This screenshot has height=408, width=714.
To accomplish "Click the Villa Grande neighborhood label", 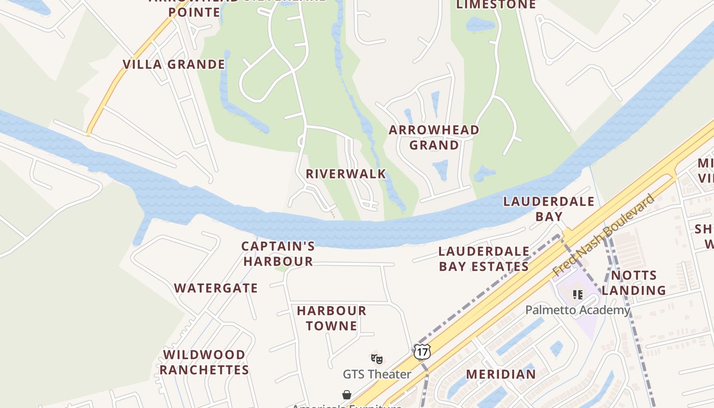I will (173, 64).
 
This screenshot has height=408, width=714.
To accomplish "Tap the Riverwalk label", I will (346, 173).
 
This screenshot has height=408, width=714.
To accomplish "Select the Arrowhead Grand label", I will (434, 137).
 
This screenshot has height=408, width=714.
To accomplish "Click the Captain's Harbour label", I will (278, 253).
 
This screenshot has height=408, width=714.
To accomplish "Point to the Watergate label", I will (216, 288).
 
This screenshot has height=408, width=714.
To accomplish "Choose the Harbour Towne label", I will (331, 318).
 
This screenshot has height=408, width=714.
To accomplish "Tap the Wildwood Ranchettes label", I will (205, 362).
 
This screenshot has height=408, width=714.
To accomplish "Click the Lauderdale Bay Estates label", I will (483, 259).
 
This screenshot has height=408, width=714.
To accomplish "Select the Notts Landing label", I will (633, 283).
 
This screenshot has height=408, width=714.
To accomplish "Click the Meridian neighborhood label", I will (501, 374).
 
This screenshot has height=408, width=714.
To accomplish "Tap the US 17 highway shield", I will (422, 351).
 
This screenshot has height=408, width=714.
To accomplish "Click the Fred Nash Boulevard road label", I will (604, 235).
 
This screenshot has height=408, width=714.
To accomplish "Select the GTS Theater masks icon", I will (377, 359).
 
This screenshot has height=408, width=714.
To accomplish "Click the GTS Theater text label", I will (377, 374).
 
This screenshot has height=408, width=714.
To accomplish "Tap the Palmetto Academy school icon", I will (578, 294).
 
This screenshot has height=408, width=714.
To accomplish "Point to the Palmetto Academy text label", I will (577, 310).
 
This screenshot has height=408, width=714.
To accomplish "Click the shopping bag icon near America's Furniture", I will (347, 395).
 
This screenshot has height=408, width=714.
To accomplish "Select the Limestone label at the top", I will (496, 5).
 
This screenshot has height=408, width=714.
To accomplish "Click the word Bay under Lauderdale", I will (549, 216).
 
